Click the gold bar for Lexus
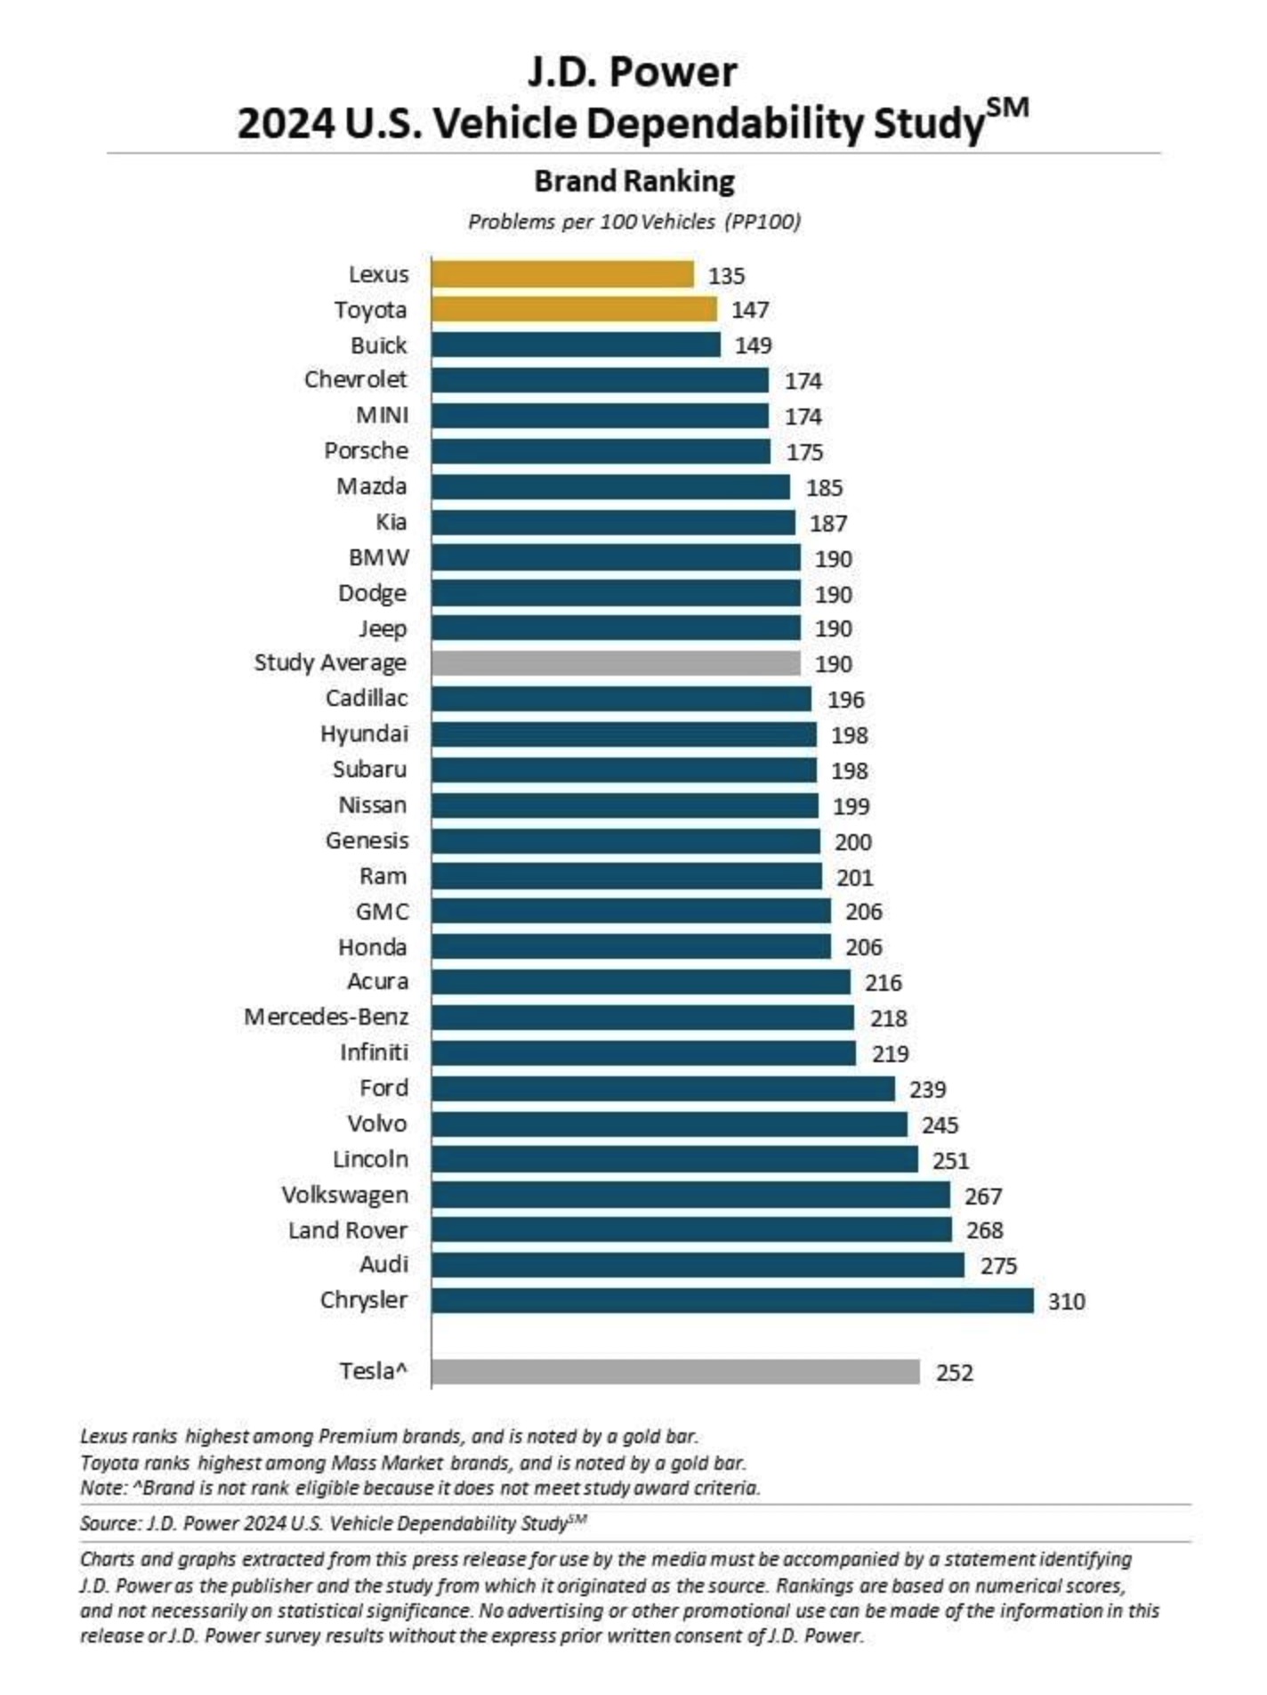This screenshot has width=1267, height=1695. (562, 274)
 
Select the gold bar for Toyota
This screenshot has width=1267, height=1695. (574, 309)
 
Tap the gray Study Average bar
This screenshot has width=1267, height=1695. (616, 663)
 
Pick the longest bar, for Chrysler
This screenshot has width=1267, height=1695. (732, 1301)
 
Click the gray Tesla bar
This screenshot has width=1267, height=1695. (675, 1372)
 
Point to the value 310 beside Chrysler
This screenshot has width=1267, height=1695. (1066, 1302)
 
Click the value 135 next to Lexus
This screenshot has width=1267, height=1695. (726, 276)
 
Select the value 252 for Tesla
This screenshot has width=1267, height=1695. (954, 1373)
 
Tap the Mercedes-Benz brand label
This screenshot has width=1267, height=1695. (327, 1017)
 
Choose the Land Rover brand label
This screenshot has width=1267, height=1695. (347, 1230)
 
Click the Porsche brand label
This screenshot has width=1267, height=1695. (366, 450)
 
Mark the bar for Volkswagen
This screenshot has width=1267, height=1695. (690, 1195)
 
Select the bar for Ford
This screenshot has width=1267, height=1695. (663, 1089)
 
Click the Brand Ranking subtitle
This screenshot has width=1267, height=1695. (633, 182)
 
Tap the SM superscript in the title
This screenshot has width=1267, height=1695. (1007, 109)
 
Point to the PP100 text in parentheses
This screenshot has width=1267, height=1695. (763, 222)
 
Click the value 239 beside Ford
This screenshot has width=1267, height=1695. (927, 1090)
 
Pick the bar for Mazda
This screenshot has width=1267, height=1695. (610, 487)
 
